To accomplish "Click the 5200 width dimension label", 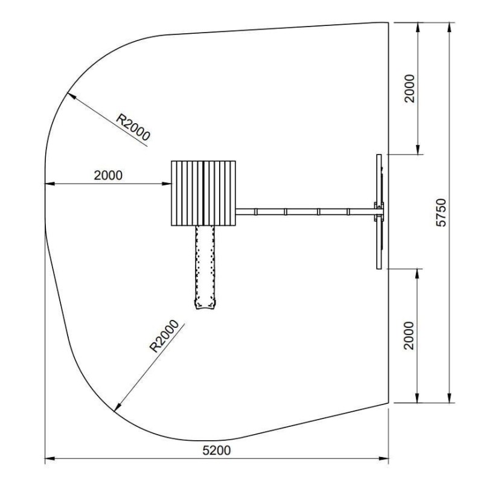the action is click(x=217, y=450).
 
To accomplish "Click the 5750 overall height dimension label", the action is click(x=441, y=213).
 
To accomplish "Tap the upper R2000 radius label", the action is click(x=133, y=127).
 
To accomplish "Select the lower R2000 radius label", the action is click(x=164, y=336).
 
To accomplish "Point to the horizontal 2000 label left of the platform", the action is click(x=108, y=175).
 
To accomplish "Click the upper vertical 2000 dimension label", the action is click(x=410, y=88).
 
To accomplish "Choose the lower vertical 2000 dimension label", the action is click(x=409, y=336).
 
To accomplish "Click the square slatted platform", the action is click(x=203, y=193).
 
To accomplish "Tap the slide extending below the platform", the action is click(x=205, y=267).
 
